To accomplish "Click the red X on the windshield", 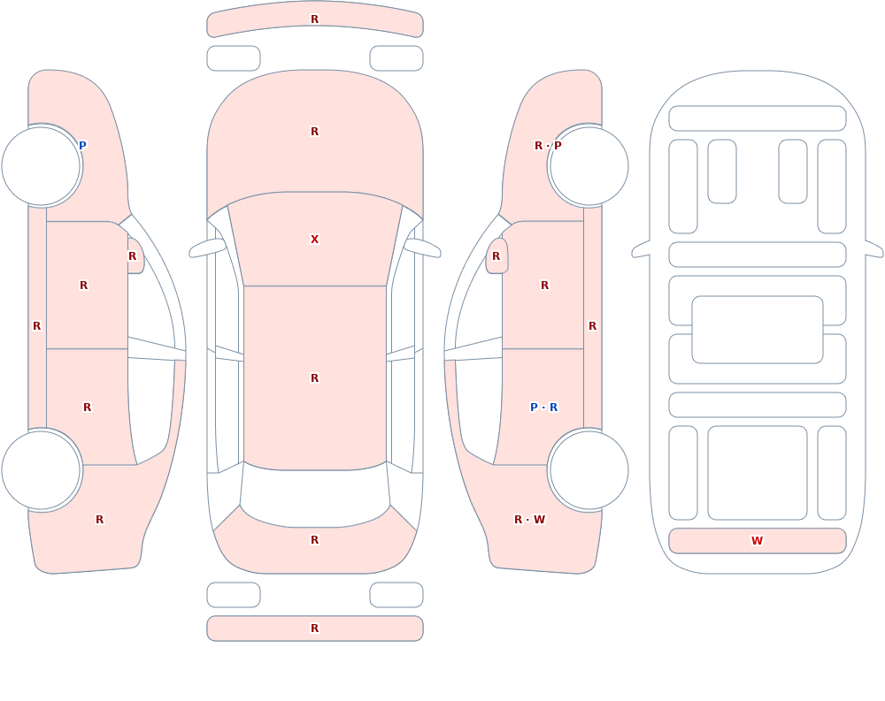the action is point(315,240).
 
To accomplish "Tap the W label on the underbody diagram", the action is point(757,540).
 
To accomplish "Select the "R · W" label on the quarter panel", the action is point(529,520).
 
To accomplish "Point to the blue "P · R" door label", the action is point(543,408).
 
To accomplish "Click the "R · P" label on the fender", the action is point(548,146).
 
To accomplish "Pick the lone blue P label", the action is point(82,146).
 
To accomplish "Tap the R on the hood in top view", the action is point(315,132).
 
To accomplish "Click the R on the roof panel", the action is point(315,377).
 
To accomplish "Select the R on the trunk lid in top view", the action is point(315,540).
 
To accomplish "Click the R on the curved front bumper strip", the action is point(315,19).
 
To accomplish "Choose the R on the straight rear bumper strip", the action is point(315,629).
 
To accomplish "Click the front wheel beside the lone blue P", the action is point(42,166).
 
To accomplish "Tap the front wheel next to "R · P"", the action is point(589,166).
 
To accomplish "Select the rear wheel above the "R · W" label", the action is point(589,470).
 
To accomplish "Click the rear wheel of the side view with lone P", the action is point(42,470).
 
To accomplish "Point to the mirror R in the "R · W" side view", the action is point(496,256).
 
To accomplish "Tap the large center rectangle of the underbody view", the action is point(758,330).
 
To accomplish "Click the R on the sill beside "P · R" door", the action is point(593,326).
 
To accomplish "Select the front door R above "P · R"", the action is point(544,286).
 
